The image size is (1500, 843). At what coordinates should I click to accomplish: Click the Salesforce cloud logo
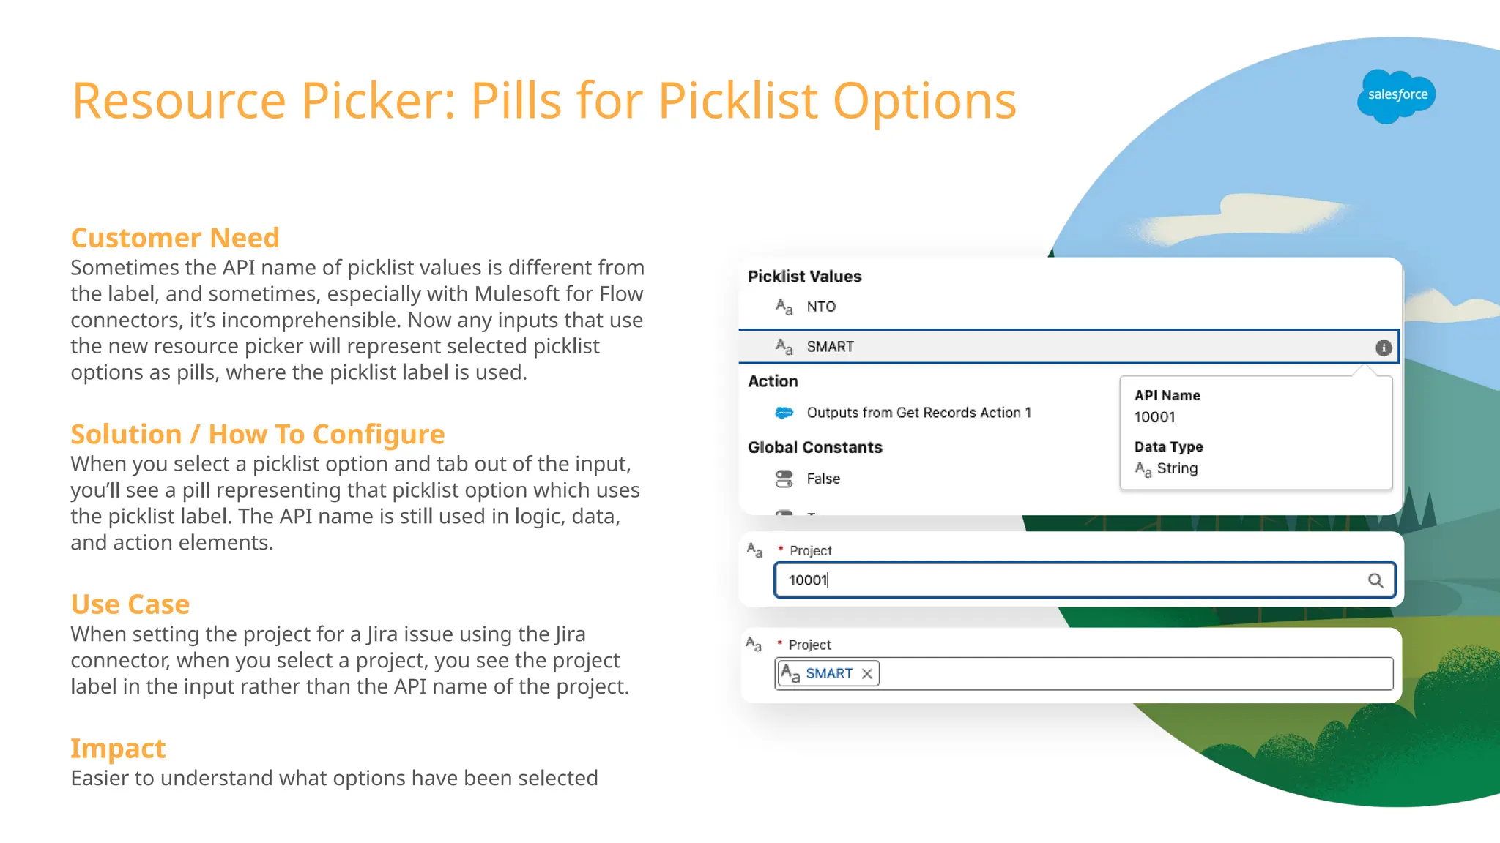(x=1396, y=96)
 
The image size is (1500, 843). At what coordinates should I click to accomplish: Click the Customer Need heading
(x=175, y=238)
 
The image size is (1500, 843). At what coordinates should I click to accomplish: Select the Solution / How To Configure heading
(x=257, y=434)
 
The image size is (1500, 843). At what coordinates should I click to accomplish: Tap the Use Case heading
(x=130, y=604)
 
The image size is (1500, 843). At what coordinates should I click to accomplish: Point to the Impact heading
(x=118, y=749)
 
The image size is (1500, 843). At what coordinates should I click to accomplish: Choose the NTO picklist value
(x=821, y=307)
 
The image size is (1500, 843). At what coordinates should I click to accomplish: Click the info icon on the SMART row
(x=1383, y=348)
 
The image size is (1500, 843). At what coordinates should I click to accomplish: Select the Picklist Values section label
(x=804, y=277)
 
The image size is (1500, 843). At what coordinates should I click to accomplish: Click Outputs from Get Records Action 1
(x=918, y=413)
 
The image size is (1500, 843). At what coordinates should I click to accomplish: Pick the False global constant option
(x=823, y=479)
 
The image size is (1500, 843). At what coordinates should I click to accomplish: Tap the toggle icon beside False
(x=784, y=479)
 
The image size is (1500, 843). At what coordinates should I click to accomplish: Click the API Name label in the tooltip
(x=1167, y=395)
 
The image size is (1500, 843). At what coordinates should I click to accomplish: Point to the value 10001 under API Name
(x=1154, y=417)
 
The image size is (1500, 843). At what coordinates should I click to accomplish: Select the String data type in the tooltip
(x=1177, y=468)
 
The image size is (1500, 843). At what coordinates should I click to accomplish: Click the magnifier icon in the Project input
(x=1375, y=580)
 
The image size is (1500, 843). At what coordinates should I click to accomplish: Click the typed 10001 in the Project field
(x=808, y=580)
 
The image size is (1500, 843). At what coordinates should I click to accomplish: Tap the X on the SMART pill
(x=867, y=674)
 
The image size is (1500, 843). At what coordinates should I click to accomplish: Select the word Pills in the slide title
(x=516, y=100)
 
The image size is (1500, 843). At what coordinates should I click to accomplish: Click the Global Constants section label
(x=814, y=447)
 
